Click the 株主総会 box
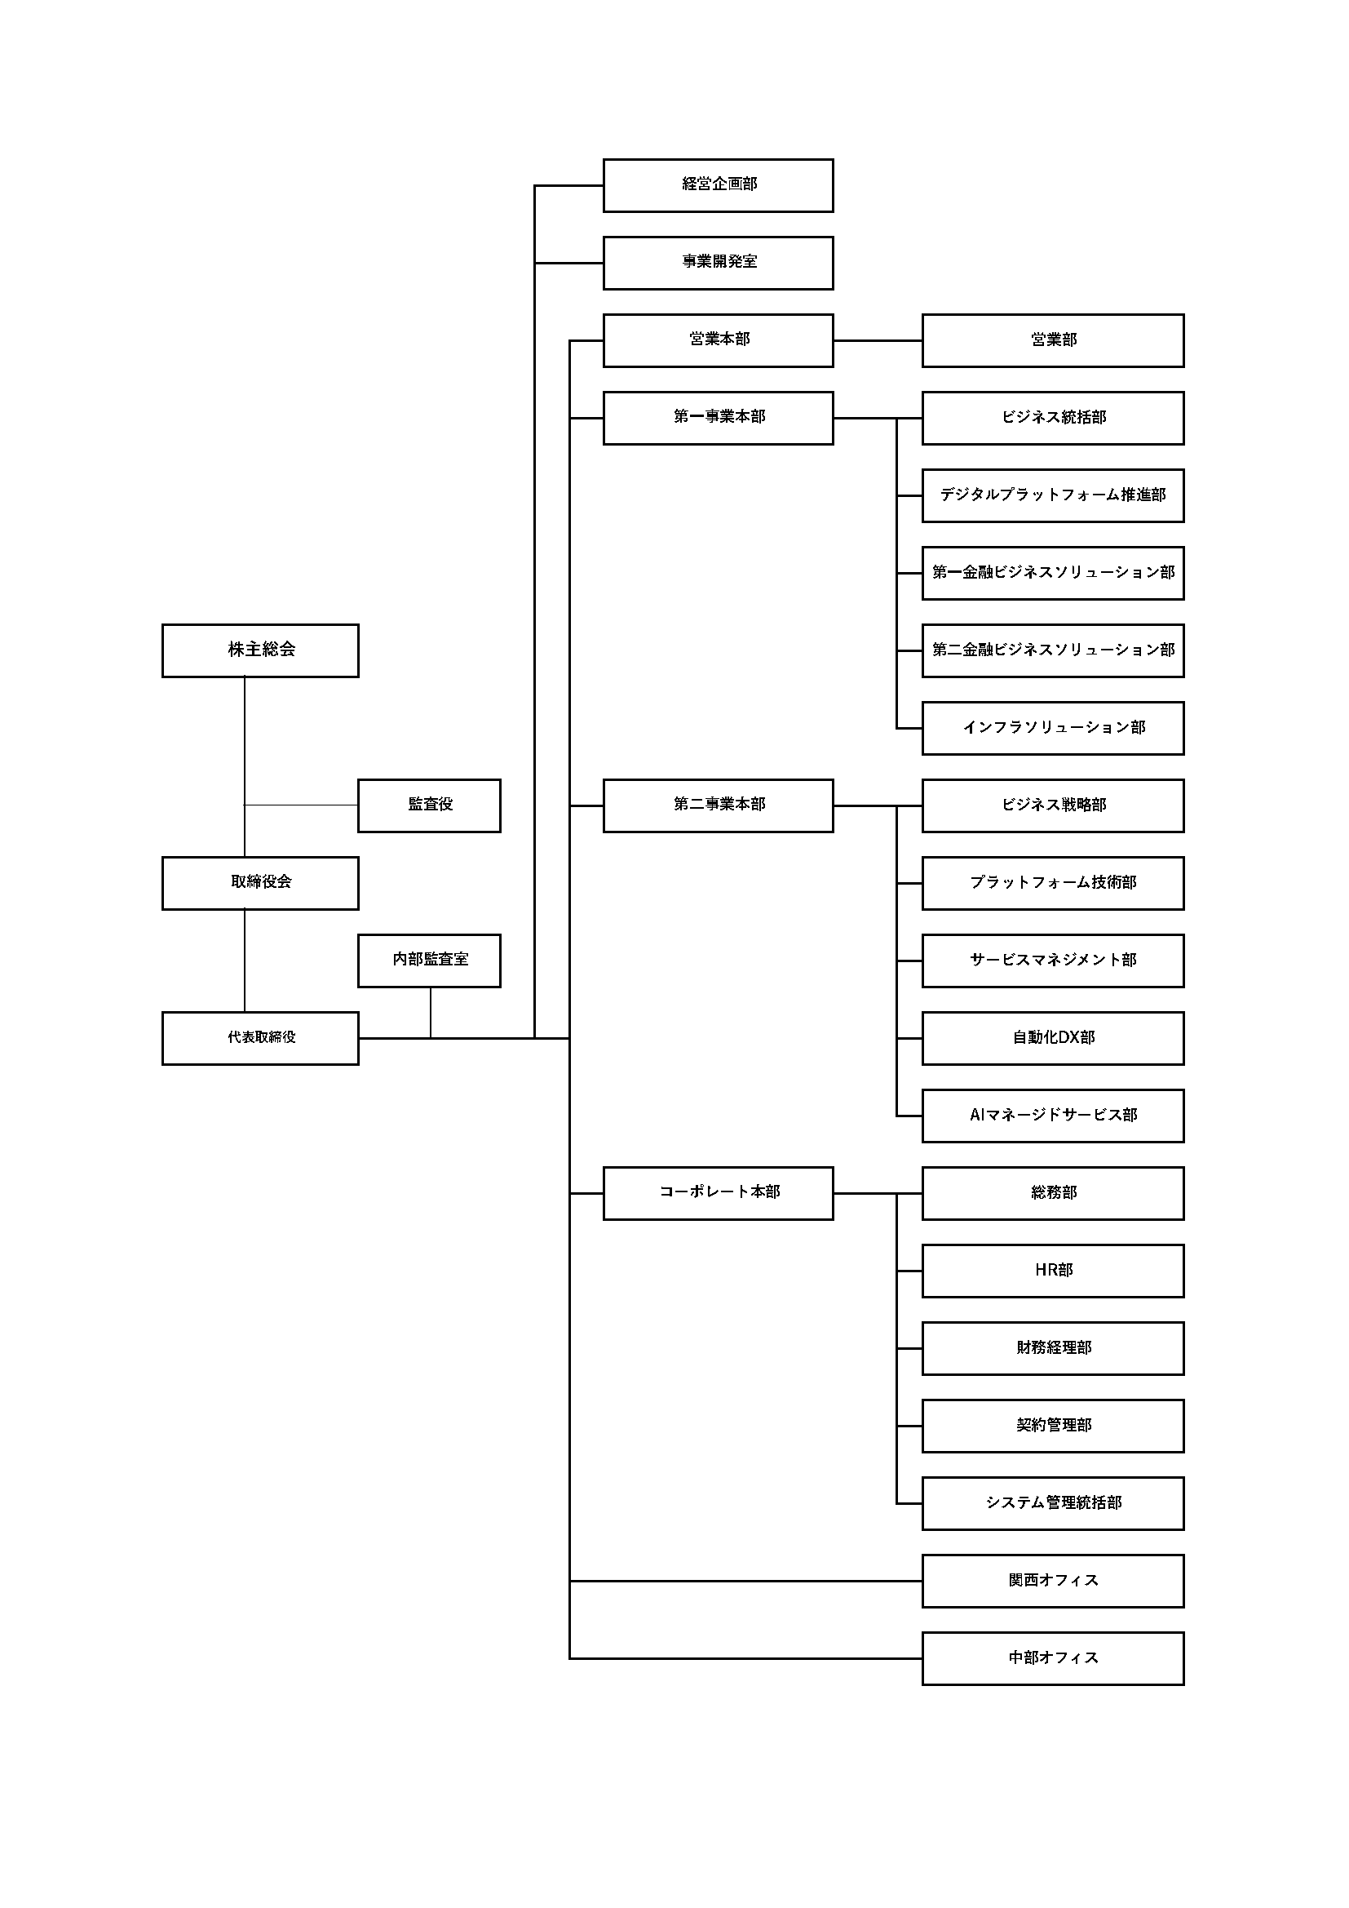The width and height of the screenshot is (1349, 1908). click(x=260, y=650)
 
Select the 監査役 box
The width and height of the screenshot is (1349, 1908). click(x=430, y=805)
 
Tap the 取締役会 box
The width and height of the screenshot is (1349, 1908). click(x=260, y=883)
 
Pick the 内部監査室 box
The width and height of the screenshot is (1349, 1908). click(x=430, y=961)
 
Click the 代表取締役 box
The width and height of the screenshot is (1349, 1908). click(x=260, y=1038)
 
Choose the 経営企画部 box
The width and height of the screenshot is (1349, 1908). click(x=719, y=185)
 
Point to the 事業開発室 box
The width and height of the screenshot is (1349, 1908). click(x=719, y=263)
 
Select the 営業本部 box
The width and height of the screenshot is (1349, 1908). click(x=719, y=339)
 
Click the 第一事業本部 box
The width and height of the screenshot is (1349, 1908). click(x=719, y=418)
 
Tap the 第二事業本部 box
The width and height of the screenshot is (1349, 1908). click(x=719, y=805)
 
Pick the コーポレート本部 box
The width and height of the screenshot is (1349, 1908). click(x=719, y=1193)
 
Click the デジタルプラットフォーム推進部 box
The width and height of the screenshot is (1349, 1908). click(x=1053, y=495)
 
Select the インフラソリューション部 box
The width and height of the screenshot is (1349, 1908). click(x=1053, y=728)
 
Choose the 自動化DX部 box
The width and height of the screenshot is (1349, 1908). click(x=1053, y=1038)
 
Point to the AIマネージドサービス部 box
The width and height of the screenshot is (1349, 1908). click(x=1053, y=1116)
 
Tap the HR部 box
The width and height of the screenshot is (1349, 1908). click(x=1053, y=1271)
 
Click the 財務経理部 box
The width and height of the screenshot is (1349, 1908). click(x=1053, y=1348)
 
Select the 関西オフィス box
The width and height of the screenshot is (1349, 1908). click(x=1053, y=1581)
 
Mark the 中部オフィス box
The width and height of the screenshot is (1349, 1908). click(x=1053, y=1657)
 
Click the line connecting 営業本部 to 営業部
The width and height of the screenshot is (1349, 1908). click(x=878, y=339)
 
